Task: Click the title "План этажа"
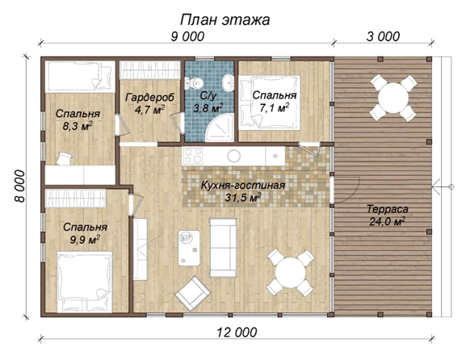tap(225, 20)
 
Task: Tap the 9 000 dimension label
tap(187, 37)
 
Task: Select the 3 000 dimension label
tap(383, 37)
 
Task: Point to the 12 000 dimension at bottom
tap(237, 333)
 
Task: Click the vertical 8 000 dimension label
tap(20, 186)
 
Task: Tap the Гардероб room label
tap(149, 98)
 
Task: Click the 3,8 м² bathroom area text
tap(208, 108)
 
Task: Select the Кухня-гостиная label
tap(243, 186)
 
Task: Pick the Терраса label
tap(388, 209)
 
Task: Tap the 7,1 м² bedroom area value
tap(275, 108)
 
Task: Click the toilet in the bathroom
tap(194, 82)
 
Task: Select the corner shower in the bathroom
tap(220, 130)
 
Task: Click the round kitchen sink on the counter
tap(234, 156)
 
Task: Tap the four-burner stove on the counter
tap(193, 156)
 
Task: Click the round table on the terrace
tap(393, 98)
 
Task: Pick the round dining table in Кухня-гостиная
tap(291, 273)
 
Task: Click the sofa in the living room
tap(223, 248)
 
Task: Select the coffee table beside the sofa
tap(189, 248)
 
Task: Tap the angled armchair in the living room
tap(193, 294)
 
